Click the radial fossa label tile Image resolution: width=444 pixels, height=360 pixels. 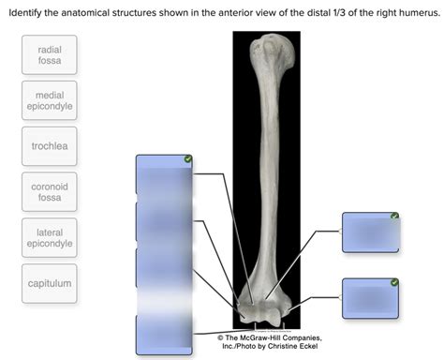pos(51,54)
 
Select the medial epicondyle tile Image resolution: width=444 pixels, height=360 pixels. pos(51,102)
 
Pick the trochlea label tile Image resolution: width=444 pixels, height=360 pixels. pos(51,146)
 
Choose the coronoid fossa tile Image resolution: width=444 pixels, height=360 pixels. pos(51,192)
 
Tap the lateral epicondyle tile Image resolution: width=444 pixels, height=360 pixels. pos(51,237)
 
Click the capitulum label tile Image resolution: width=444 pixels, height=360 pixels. pos(51,282)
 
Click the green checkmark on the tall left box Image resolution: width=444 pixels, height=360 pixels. pos(188,160)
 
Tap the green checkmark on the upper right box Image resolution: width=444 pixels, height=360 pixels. pos(394,217)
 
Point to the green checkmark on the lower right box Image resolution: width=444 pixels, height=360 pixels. pos(394,282)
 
